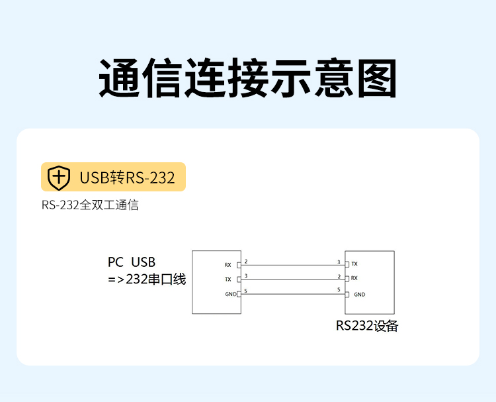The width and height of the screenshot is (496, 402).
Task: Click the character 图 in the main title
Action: pos(377,78)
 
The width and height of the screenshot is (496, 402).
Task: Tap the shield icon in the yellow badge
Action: pos(59,177)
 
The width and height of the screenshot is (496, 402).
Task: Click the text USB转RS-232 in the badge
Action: pos(127,177)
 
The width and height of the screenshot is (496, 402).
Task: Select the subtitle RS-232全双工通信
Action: pos(90,205)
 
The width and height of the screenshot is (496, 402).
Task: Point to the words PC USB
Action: pos(132,262)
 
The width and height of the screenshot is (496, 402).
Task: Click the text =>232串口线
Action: pos(147,279)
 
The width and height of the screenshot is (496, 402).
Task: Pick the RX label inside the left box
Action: pos(227,265)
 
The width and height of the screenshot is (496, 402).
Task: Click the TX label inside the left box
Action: pos(228,279)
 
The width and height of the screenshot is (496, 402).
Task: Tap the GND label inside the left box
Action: pos(231,294)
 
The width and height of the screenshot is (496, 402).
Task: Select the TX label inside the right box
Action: pos(354,264)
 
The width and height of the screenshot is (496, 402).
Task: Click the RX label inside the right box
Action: pos(354,278)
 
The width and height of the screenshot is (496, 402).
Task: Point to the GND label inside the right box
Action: pos(360,295)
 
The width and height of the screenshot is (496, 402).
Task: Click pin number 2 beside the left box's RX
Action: pos(246,262)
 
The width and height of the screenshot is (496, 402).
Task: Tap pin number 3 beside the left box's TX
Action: pos(246,276)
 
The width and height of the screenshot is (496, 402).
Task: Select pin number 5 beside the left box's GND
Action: pos(246,291)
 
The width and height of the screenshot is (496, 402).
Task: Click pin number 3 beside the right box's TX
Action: pos(339,262)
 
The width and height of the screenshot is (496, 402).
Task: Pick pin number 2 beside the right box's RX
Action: pos(339,277)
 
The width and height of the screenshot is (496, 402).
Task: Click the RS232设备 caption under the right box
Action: pos(367,326)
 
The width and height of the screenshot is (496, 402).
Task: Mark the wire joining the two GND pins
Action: pos(293,294)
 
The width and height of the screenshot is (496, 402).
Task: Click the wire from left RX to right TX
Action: pos(293,265)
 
